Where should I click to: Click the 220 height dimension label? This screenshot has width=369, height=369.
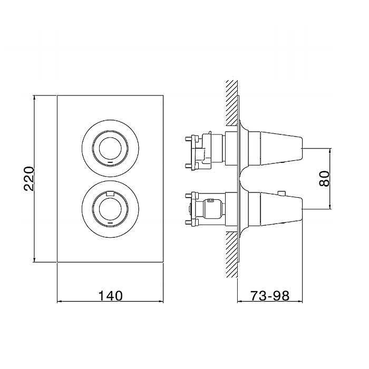coord(29,179)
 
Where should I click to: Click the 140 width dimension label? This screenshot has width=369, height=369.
coord(110,296)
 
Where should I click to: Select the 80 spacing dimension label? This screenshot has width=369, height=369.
coord(325,179)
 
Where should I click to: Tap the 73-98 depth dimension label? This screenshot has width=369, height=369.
coord(270,296)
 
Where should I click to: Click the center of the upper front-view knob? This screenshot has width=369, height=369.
coord(110,148)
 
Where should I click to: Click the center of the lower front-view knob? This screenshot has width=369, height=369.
coord(110,209)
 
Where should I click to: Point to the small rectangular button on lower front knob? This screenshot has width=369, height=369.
coord(110,193)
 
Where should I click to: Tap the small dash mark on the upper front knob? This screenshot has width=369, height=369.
coord(110,162)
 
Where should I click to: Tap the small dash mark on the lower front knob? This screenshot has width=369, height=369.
coord(110,222)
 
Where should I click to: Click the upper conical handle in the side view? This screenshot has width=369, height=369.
coord(281,148)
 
